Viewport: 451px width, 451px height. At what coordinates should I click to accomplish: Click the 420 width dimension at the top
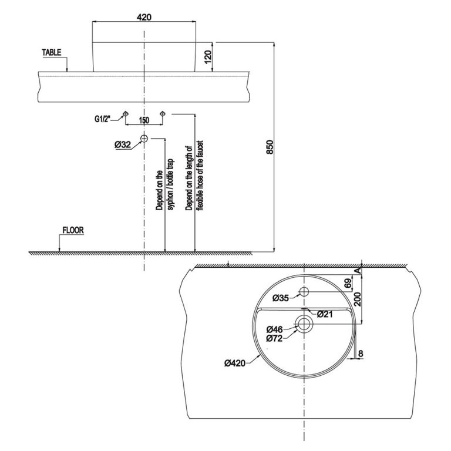click(144, 17)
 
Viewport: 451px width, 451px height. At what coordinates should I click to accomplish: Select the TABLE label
click(51, 52)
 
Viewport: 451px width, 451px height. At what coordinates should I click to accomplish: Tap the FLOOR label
click(73, 231)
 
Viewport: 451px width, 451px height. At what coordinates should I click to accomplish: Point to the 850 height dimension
click(270, 147)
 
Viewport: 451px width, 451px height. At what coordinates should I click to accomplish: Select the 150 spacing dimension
click(143, 120)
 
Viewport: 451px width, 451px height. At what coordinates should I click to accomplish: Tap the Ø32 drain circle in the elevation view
click(144, 139)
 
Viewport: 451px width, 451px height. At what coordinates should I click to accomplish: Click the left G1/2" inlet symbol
click(124, 113)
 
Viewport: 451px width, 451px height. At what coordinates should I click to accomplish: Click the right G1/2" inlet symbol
click(163, 113)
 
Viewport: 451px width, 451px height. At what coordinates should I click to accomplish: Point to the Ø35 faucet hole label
click(281, 298)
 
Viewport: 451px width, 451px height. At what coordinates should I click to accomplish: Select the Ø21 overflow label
click(326, 314)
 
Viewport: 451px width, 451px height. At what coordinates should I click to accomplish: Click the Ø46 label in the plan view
click(275, 329)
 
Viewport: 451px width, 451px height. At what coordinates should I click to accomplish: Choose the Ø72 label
click(275, 338)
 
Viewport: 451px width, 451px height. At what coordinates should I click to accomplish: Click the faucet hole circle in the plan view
click(304, 292)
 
